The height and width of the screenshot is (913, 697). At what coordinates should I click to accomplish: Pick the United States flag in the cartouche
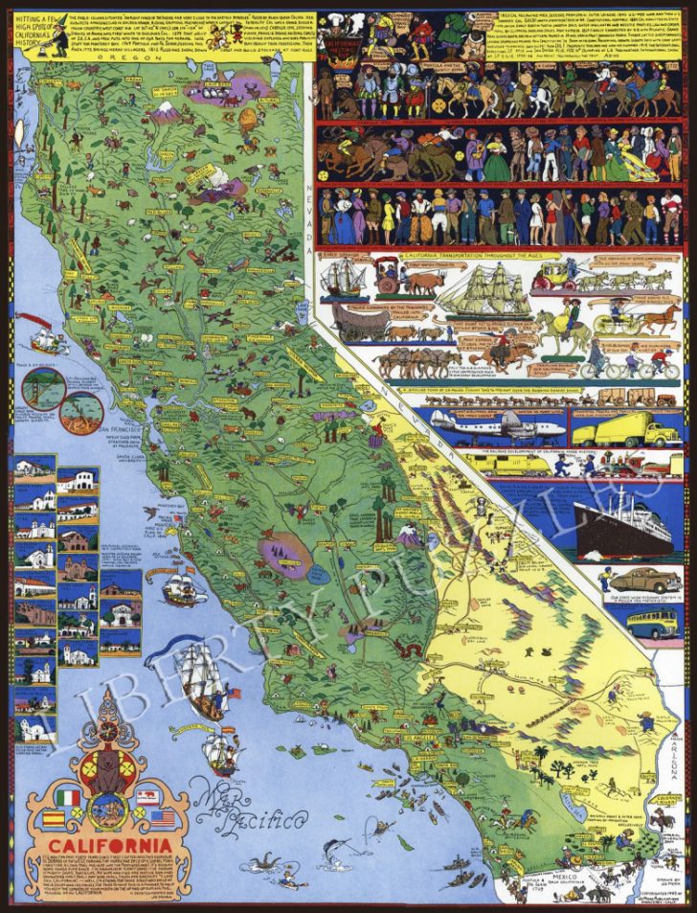coord(164,819)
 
